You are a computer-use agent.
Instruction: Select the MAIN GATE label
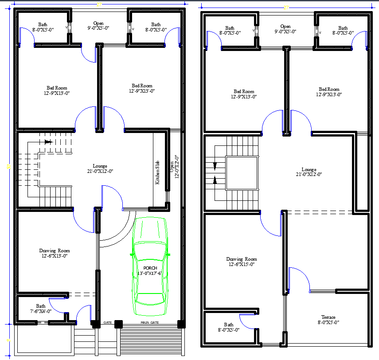[x=149, y=322]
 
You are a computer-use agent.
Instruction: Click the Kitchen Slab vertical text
[x=157, y=172]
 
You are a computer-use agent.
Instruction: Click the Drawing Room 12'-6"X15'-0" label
[x=241, y=262]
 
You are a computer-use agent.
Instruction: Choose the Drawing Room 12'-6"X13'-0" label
[x=55, y=253]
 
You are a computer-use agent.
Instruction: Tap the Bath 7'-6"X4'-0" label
[x=40, y=309]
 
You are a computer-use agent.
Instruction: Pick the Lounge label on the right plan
[x=309, y=172]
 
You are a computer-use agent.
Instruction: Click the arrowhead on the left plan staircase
[x=48, y=142]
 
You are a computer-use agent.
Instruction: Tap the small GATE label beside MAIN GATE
[x=107, y=322]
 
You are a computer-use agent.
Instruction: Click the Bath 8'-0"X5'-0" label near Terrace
[x=228, y=327]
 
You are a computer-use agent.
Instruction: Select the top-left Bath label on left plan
[x=43, y=27]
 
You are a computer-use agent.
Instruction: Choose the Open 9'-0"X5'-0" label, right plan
[x=285, y=29]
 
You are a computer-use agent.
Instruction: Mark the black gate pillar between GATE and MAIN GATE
[x=118, y=324]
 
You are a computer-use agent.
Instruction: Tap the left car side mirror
[x=132, y=255]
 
